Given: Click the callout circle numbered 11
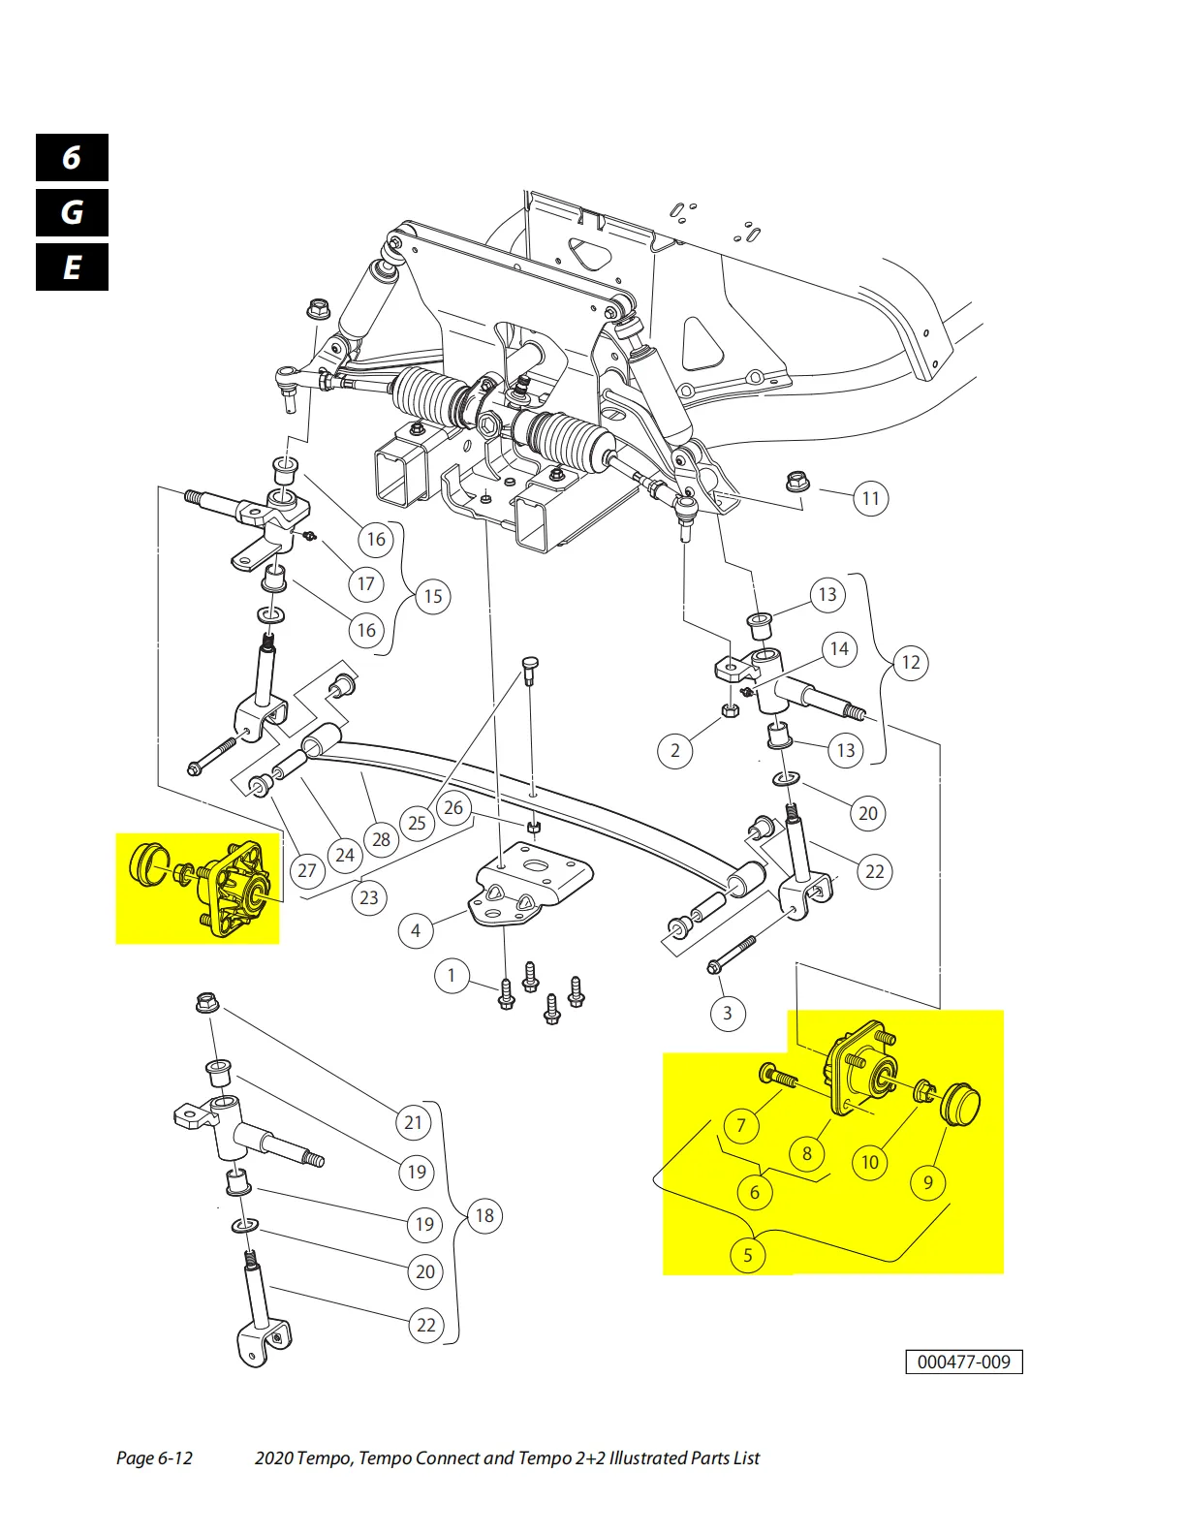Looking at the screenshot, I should [x=871, y=499].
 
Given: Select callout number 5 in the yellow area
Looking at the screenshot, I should [x=747, y=1256].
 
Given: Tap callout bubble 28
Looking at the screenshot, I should [x=382, y=840].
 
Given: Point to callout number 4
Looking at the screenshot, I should [x=416, y=931].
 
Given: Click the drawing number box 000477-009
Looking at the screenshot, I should [x=963, y=1362].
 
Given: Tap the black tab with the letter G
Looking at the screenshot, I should [x=72, y=212].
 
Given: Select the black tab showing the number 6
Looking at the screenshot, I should [x=72, y=158].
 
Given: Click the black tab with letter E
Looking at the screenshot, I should [x=72, y=267].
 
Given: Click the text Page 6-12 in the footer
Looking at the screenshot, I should [x=154, y=1458].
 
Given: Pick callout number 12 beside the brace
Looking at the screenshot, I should [x=911, y=663].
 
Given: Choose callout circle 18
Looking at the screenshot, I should [x=484, y=1216].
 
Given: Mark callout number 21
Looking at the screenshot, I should [x=414, y=1122].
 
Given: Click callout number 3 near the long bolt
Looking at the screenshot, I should [x=728, y=1014].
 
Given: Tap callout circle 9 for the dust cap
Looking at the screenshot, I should [x=928, y=1182].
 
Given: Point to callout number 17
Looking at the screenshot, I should [x=365, y=584].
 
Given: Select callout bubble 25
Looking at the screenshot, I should [x=417, y=823].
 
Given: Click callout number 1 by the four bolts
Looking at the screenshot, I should [x=451, y=975].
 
